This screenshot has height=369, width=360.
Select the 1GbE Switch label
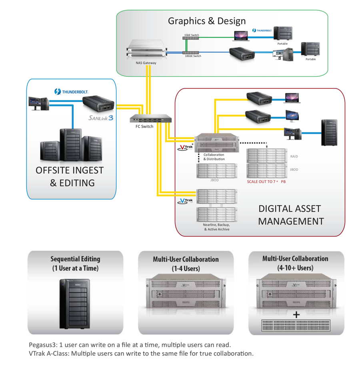coord(191,35)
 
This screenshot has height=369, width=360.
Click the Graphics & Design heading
coord(207,21)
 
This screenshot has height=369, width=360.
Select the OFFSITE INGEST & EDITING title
coord(70,176)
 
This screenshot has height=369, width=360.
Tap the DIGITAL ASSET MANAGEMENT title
coord(290,215)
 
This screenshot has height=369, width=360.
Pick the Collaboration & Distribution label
coord(214,157)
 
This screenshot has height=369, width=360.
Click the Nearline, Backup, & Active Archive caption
coord(216,227)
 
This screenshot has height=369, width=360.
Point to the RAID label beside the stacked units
coord(294,156)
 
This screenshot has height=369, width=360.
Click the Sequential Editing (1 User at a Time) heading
coord(75,263)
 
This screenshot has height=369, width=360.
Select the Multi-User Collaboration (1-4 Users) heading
coord(186,264)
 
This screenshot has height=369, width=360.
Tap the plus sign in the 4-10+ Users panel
coord(296,315)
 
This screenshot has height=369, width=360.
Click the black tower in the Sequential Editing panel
coord(75,304)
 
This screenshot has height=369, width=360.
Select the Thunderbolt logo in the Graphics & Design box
coord(262,30)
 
